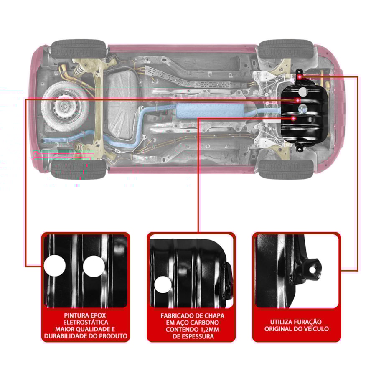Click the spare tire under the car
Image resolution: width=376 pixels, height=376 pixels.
65,107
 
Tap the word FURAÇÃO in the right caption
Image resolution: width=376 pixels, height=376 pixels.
307,322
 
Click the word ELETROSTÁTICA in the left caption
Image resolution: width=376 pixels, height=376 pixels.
86,322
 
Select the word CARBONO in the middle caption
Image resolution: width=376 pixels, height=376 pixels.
205,323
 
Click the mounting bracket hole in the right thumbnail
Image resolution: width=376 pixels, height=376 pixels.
312,270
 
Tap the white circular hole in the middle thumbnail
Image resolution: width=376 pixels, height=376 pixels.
163,285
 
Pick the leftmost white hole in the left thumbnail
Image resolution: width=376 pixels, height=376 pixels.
55,266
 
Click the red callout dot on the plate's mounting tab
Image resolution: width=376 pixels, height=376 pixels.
300,77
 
